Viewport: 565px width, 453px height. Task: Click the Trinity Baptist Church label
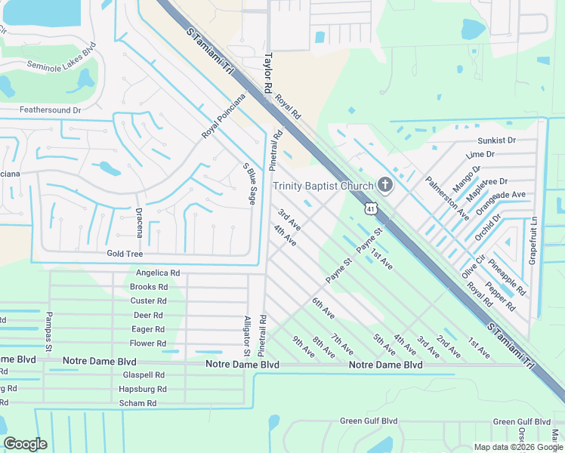323,186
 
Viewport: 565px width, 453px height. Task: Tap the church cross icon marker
385,186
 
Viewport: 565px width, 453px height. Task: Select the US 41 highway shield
369,207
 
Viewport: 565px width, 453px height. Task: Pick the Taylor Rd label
268,73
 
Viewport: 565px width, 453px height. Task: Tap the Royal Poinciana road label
224,116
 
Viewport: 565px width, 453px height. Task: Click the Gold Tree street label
125,254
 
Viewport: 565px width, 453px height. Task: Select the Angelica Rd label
158,273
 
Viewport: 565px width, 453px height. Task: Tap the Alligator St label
247,336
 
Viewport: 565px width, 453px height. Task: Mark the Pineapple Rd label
508,276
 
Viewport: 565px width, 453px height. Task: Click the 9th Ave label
304,347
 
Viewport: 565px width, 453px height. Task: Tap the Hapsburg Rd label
142,389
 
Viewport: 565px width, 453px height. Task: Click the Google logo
25,444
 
